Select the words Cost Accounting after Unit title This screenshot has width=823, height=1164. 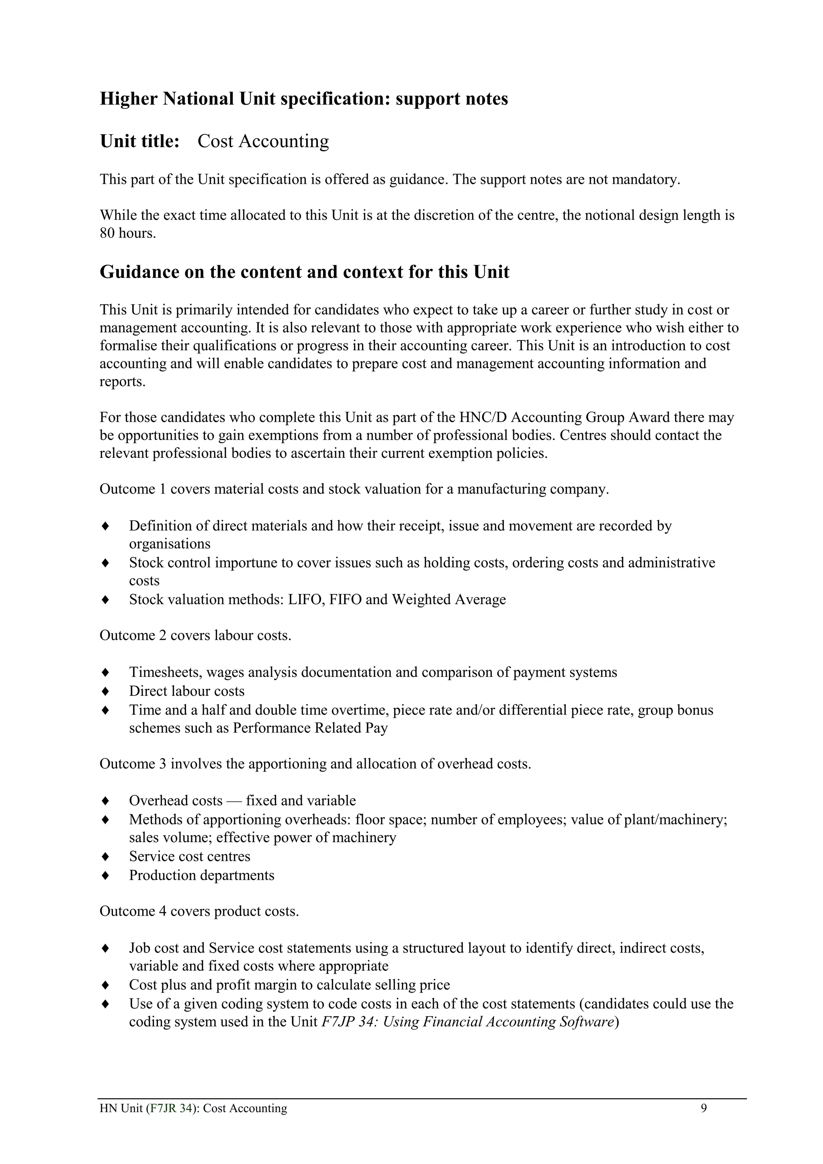263,141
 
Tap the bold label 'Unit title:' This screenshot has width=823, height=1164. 140,141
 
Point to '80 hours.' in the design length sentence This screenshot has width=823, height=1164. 128,233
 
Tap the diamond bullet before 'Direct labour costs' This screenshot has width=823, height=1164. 105,691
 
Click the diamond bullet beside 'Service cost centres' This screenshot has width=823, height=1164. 105,856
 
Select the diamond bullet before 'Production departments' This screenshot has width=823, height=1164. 105,875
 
